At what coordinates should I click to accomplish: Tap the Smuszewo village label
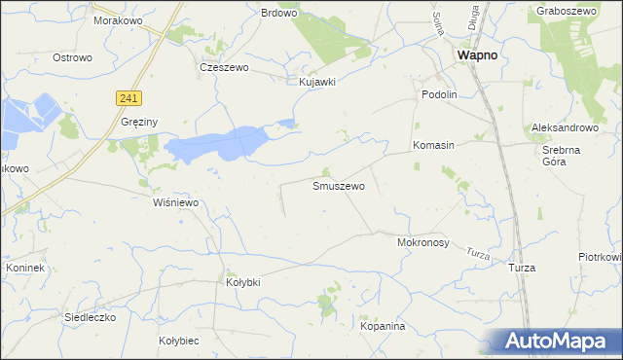[339, 185]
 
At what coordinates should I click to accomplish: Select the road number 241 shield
[128, 97]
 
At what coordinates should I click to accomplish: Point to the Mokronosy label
[423, 243]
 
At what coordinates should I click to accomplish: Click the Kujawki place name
[317, 82]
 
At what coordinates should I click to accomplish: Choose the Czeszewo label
[225, 68]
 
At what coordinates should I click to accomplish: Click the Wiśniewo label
[176, 202]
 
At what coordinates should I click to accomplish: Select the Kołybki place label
[243, 281]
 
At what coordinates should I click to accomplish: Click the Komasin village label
[433, 145]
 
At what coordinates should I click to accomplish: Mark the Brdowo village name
[279, 13]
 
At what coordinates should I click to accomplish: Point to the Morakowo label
[119, 19]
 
